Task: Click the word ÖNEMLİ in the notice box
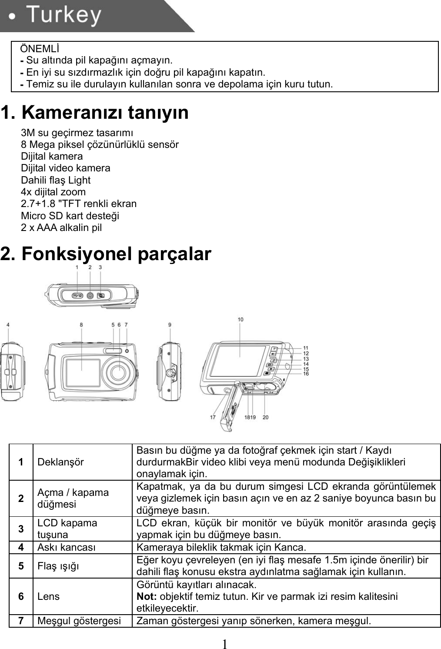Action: (x=40, y=47)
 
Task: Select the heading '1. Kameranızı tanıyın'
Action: (x=94, y=113)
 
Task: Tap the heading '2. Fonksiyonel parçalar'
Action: (x=106, y=254)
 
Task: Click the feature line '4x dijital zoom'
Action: (x=53, y=192)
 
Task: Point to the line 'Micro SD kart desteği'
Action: (x=70, y=216)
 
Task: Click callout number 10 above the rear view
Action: (x=241, y=320)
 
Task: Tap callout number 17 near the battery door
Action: (x=213, y=417)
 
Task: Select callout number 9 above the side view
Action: (x=170, y=324)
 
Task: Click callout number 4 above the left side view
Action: (x=8, y=324)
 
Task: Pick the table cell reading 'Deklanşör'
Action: (x=60, y=462)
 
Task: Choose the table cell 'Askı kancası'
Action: (x=67, y=547)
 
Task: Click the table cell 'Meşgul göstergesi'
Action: (x=79, y=621)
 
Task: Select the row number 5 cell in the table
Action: (x=21, y=565)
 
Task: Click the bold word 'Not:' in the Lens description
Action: (x=145, y=596)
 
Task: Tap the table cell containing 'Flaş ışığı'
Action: (x=58, y=566)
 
